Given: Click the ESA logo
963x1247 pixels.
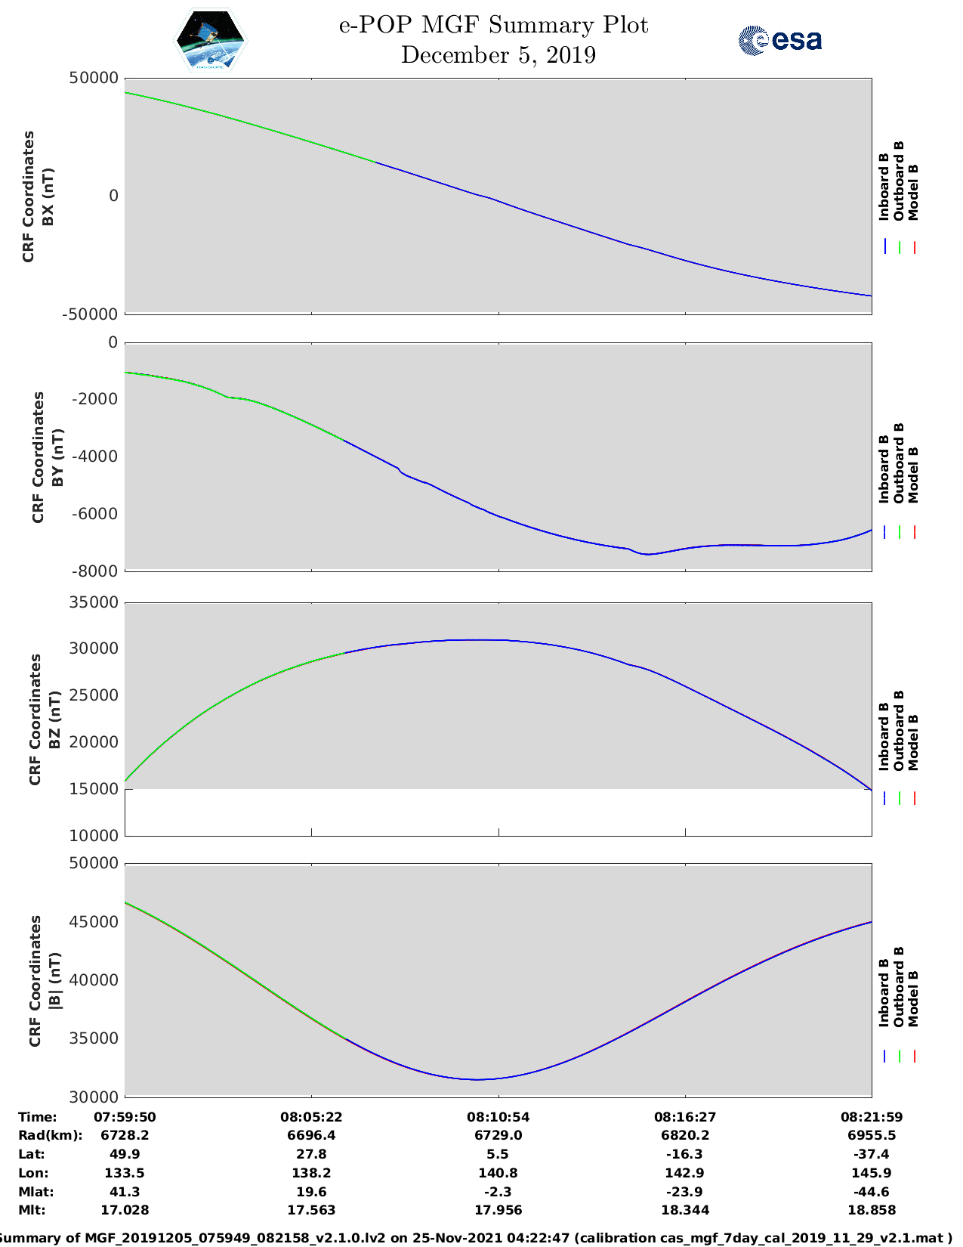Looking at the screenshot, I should pos(779,40).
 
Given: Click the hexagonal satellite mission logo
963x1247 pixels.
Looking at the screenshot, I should pos(210,41).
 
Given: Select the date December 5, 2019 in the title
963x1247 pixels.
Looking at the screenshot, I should pos(498,55).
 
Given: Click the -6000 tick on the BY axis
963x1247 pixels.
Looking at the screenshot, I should pos(95,514).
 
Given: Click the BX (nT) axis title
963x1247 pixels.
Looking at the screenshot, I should pos(48,196).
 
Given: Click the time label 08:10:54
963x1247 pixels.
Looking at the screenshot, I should pos(498,1116).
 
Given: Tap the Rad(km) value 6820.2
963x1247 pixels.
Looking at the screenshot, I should pos(685,1135).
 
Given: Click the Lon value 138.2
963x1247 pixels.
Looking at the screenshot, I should pos(311,1173).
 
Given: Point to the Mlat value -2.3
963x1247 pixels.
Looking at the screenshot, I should pos(498,1192).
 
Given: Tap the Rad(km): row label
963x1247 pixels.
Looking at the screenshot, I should pos(50,1135).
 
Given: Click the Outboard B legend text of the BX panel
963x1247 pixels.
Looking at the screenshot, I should pos(899,181).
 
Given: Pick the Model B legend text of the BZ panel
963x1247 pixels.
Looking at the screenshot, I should pos(913,742).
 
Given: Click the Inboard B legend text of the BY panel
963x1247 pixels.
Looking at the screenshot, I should pos(884,469).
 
